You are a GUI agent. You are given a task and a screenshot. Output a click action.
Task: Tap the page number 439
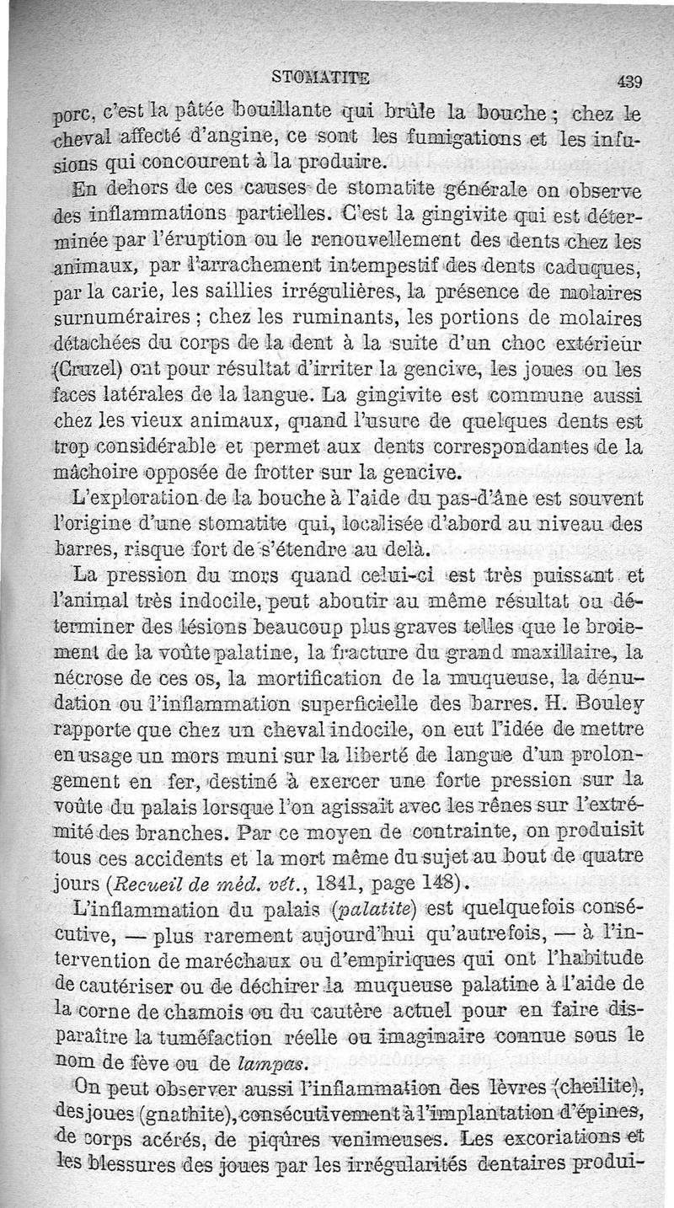(629, 83)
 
